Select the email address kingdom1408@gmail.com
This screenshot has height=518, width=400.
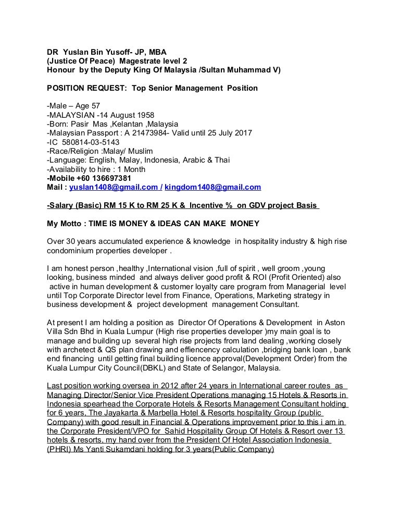(x=213, y=187)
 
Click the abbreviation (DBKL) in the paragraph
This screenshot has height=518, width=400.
(x=179, y=367)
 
